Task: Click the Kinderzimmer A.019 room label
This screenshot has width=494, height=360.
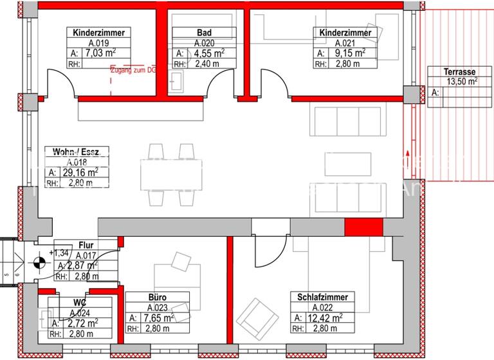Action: tap(99, 32)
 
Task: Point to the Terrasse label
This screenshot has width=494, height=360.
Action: tap(459, 72)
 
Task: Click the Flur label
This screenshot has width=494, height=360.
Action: tap(86, 245)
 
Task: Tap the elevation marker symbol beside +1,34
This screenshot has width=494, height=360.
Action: tap(40, 262)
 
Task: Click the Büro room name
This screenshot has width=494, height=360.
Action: tap(158, 298)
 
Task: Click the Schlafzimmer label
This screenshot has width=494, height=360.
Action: tap(323, 297)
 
